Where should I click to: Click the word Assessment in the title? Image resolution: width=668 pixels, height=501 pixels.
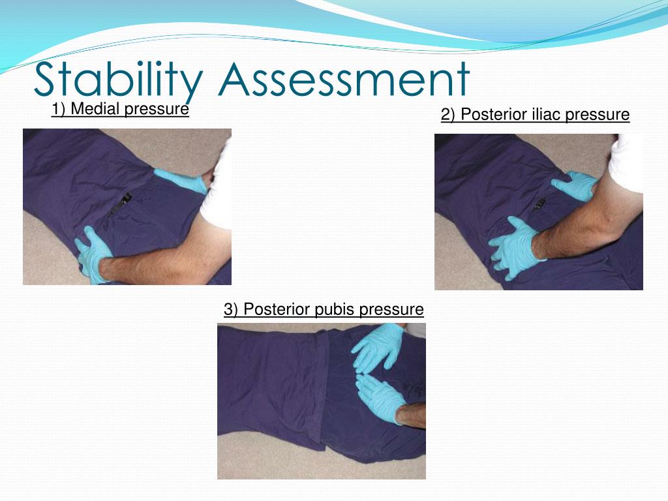point(344,80)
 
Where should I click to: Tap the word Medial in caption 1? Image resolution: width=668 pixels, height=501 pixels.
point(95,109)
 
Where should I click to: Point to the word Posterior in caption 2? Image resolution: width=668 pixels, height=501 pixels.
point(491,115)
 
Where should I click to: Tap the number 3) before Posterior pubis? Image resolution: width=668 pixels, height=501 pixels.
point(231,309)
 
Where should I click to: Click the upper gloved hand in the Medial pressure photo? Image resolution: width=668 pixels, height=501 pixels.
point(181,181)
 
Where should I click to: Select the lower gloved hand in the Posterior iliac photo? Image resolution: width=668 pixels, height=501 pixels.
point(517,248)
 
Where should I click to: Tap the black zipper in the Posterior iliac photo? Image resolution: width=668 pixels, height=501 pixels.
point(539,205)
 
